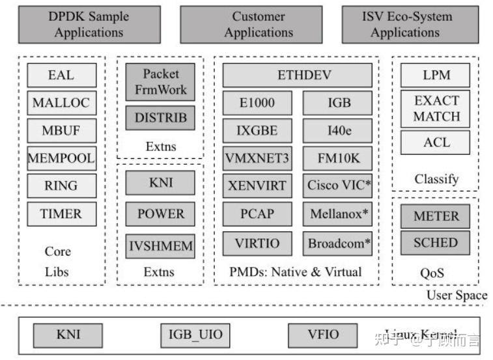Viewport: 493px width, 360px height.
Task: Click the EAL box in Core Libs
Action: coord(61,76)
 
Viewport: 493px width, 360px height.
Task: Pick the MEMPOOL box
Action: coord(61,158)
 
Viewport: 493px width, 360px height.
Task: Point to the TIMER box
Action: coord(61,214)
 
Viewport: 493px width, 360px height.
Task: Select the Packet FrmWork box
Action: coord(160,82)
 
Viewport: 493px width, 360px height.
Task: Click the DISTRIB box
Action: coord(160,118)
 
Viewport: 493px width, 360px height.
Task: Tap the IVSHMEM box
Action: coord(160,247)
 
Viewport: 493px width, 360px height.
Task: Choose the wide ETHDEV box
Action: coord(298,76)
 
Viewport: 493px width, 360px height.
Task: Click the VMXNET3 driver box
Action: coord(257,158)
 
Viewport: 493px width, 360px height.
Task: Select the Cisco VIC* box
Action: coord(339,186)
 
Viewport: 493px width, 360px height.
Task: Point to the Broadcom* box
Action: coord(339,243)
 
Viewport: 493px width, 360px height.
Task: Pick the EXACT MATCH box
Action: coord(436,109)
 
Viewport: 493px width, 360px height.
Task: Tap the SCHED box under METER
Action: coord(436,243)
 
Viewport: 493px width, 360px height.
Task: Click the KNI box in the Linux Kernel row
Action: coord(68,335)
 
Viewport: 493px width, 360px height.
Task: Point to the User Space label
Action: coord(457,296)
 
